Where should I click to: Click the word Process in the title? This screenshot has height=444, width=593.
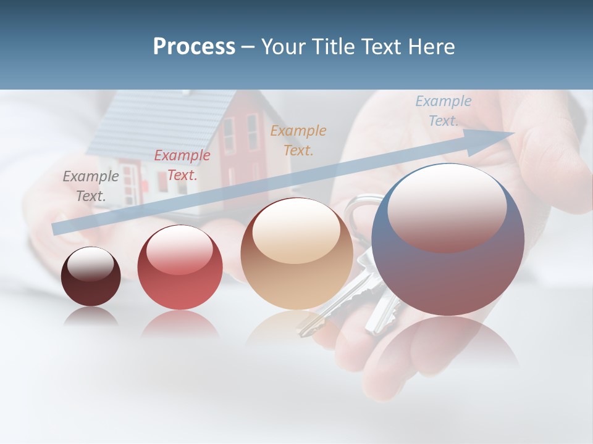point(194,47)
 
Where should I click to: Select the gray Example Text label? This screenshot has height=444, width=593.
point(90,186)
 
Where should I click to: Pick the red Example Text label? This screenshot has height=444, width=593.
point(182,165)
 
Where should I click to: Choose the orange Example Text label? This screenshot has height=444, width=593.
point(298,140)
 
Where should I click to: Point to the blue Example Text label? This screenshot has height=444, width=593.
point(443,111)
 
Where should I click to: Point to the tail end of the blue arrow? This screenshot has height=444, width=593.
point(57,228)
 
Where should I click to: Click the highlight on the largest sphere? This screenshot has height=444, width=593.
point(447,207)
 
